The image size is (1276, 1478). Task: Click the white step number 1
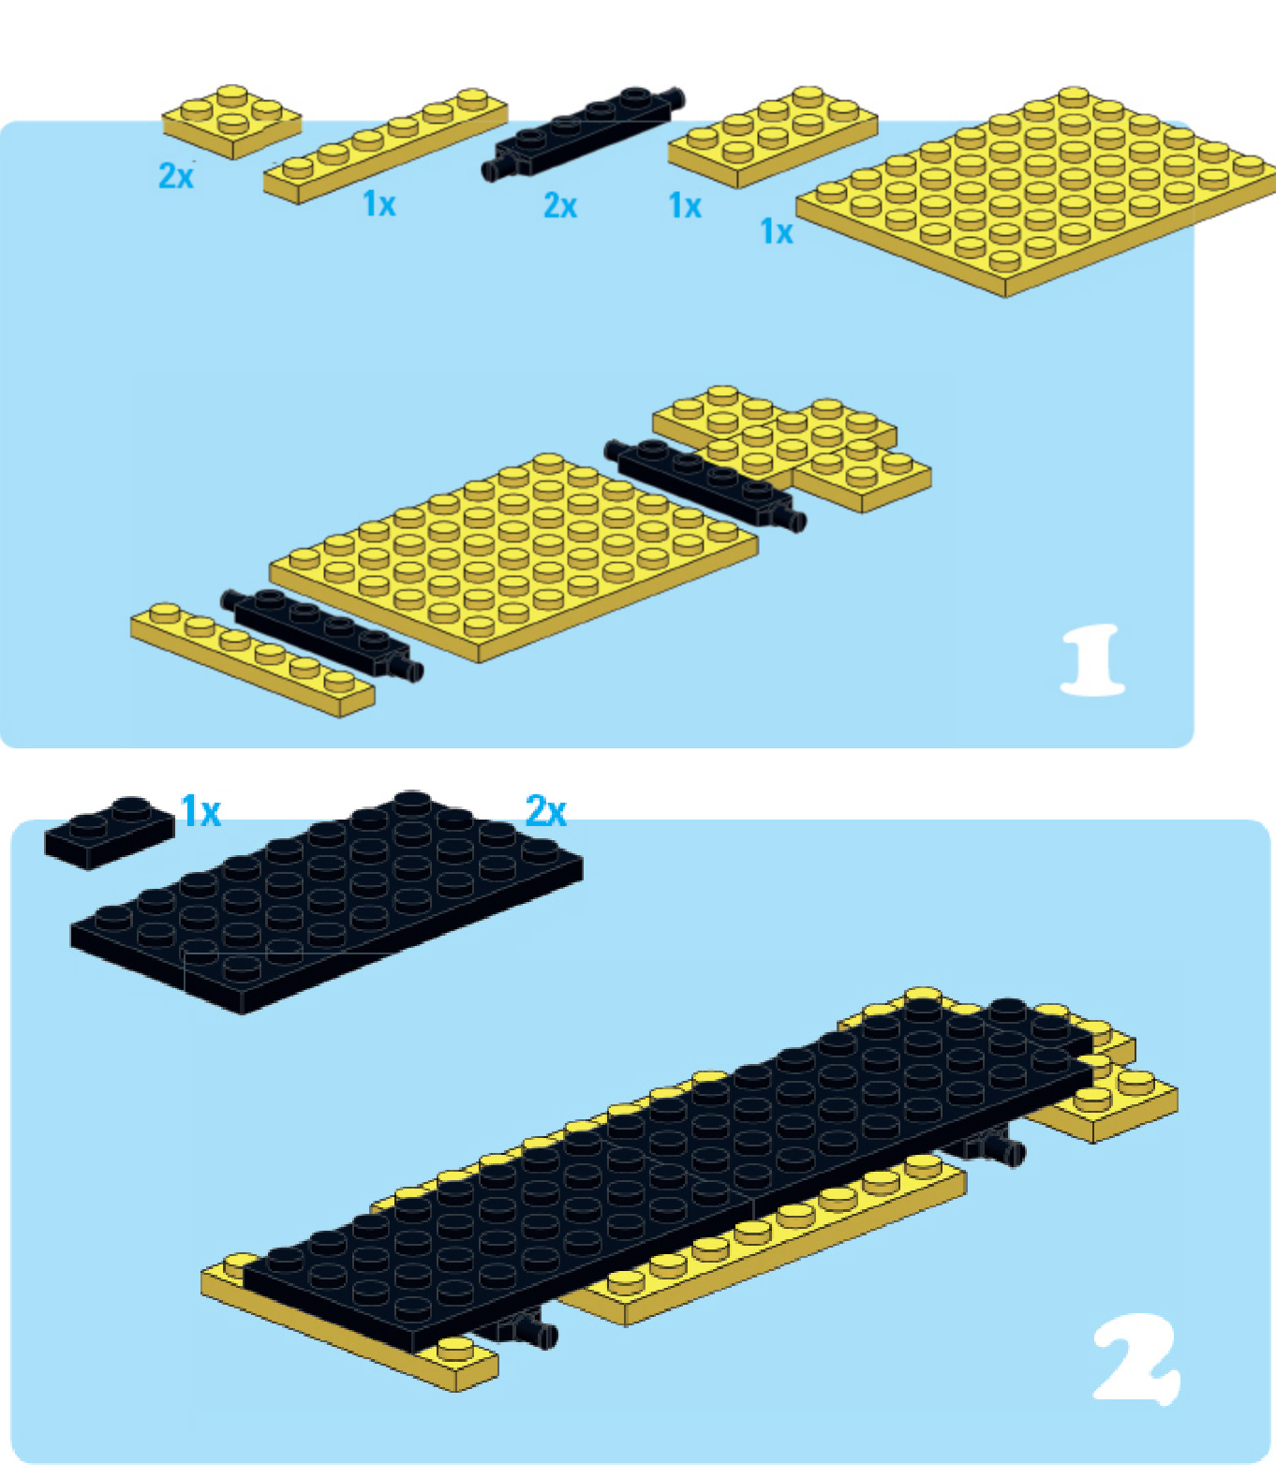(1092, 659)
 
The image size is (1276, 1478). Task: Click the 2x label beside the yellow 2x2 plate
(176, 175)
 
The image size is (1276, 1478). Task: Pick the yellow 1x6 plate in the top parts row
(386, 146)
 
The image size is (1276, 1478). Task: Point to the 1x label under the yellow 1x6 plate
(379, 204)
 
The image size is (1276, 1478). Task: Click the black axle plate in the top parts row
(583, 134)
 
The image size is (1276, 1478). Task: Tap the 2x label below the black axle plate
(560, 206)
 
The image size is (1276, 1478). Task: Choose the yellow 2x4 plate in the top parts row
(773, 138)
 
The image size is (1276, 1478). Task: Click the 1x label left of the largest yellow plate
(776, 231)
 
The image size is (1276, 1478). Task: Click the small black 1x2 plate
(110, 833)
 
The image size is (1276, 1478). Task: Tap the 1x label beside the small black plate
(201, 811)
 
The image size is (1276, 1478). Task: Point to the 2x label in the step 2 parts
(546, 811)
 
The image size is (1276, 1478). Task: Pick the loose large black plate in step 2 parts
(326, 902)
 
